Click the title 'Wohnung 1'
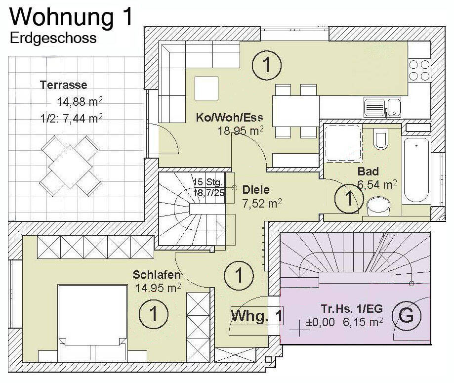click(72, 17)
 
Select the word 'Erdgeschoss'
click(53, 38)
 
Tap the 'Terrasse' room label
click(64, 85)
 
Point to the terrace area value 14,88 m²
click(80, 102)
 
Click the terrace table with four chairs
click(70, 166)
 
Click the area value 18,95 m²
click(240, 131)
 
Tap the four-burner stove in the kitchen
click(419, 70)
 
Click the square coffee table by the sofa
click(206, 88)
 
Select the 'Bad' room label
click(368, 171)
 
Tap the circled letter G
click(406, 316)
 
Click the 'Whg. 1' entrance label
click(257, 315)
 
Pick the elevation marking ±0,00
click(321, 323)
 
